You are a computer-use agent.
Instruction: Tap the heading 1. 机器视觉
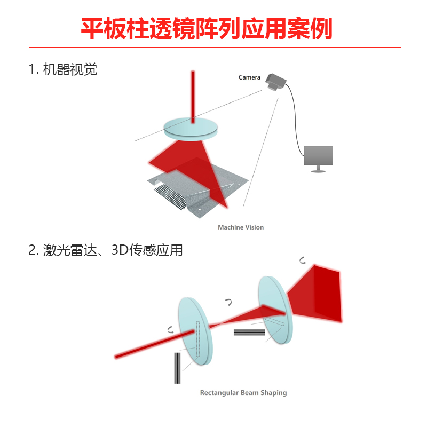63,69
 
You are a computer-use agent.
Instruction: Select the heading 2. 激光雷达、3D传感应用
105,250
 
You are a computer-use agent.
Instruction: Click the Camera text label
249,78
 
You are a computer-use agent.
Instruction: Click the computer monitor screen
318,156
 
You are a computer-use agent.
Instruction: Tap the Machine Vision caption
241,227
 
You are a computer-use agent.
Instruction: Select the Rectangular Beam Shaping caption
243,393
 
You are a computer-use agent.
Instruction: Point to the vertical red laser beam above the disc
193,93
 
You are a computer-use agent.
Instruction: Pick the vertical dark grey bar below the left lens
177,368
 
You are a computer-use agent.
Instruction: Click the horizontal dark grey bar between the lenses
249,332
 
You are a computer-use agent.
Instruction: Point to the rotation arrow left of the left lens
170,329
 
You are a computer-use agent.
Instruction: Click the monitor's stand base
319,171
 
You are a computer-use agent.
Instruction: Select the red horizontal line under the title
213,48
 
